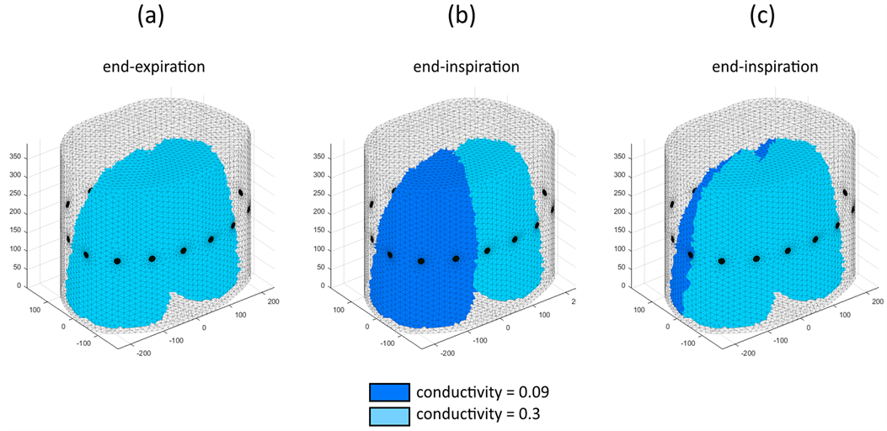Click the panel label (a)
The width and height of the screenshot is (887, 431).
pyautogui.click(x=151, y=19)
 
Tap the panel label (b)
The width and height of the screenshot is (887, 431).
pyautogui.click(x=453, y=19)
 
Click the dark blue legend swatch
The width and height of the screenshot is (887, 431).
pyautogui.click(x=389, y=392)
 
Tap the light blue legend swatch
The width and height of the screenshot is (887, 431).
pyautogui.click(x=389, y=414)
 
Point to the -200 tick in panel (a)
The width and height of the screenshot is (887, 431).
pyautogui.click(x=143, y=354)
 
